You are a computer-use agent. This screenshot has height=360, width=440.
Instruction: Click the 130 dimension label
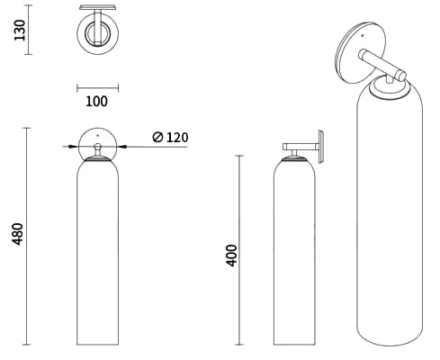point(20,30)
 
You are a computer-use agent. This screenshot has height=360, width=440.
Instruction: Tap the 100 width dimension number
point(96,102)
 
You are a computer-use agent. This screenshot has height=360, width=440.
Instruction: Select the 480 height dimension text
point(17,234)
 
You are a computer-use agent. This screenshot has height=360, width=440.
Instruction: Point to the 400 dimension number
point(231,256)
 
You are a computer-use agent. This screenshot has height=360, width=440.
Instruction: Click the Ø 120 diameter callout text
point(170,138)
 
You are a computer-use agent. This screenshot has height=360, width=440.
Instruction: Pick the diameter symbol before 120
point(157,138)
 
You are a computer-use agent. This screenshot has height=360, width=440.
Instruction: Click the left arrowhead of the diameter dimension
point(73,147)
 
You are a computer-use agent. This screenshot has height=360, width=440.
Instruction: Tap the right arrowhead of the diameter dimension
point(122,147)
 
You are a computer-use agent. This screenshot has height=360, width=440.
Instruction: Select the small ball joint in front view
point(97,147)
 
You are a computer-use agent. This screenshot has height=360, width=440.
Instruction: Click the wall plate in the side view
point(320,147)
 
